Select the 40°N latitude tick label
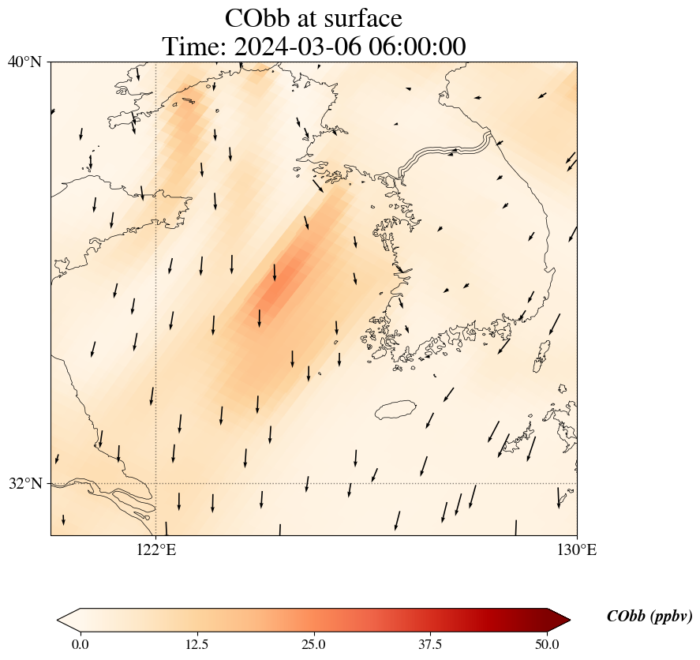pos(24,62)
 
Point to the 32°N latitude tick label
pos(24,483)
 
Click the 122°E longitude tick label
pos(156,549)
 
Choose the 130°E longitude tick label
pos(577,549)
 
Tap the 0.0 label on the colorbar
pos(80,644)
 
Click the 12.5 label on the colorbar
pos(197,644)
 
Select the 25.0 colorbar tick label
pos(313,644)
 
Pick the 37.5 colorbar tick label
pos(430,644)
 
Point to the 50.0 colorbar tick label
pos(547,644)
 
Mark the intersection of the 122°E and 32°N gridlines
pos(156,483)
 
